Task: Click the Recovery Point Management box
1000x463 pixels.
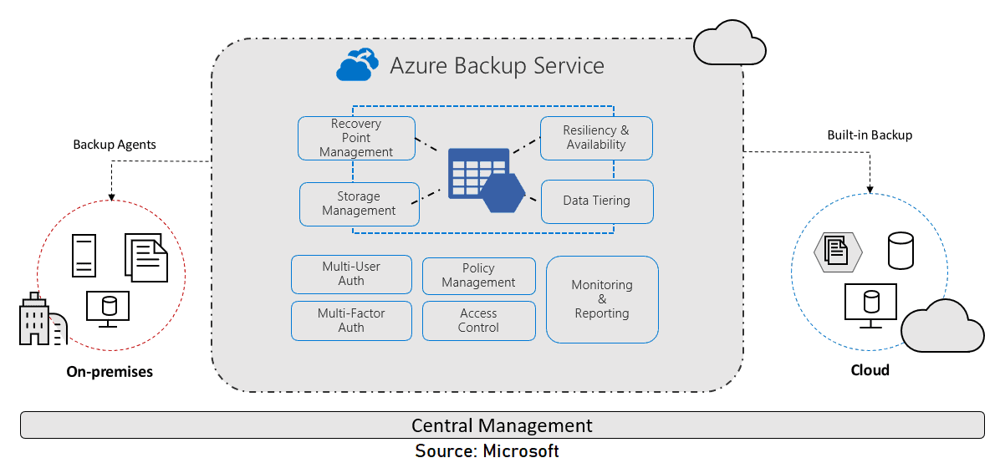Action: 356,138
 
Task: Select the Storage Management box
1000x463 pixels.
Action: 359,204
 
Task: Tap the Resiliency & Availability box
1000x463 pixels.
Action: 595,138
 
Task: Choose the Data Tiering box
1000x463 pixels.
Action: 596,201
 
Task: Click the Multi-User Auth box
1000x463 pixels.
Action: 351,274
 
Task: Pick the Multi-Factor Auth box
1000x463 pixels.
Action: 351,321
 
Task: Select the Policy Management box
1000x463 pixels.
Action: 478,276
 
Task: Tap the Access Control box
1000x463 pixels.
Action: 478,321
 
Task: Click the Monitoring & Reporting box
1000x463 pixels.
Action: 602,299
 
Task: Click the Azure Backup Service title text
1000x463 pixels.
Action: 497,65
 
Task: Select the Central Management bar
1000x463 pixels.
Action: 502,425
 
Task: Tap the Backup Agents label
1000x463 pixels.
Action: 115,145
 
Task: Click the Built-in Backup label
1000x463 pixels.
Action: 870,135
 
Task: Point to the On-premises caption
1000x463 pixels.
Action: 110,372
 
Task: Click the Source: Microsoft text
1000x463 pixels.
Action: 487,451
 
